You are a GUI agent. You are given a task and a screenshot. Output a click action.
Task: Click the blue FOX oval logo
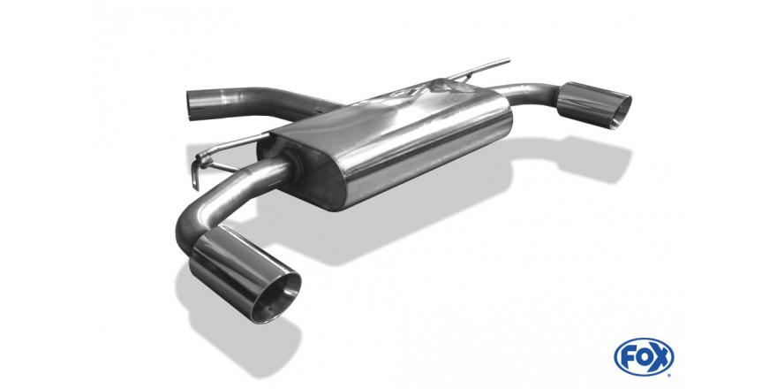pos(644,357)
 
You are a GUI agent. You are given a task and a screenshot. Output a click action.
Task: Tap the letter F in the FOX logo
pos(627,357)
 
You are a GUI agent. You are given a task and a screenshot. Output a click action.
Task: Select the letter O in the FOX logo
pos(643,357)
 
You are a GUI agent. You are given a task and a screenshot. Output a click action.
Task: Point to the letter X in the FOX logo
pos(660,357)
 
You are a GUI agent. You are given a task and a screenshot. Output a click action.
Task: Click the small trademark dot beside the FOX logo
pos(669,375)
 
